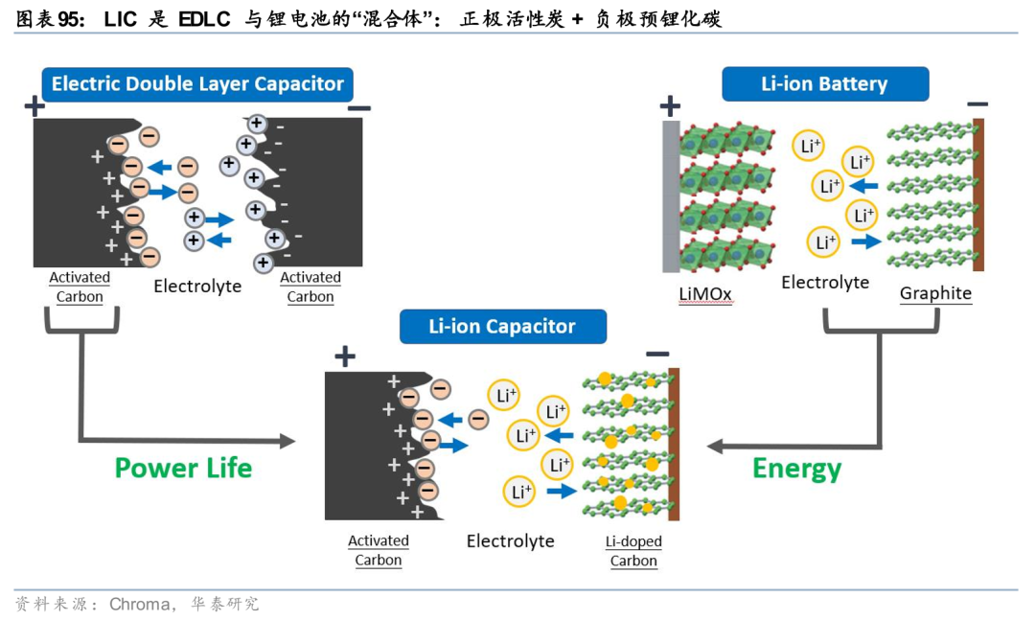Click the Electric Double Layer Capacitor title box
[x=197, y=84]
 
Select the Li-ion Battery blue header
[x=825, y=84]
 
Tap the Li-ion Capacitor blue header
[x=502, y=326]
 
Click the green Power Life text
[x=183, y=469]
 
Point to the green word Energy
[x=796, y=469]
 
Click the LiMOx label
[x=705, y=294]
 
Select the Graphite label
[x=935, y=293]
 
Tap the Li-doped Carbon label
[x=633, y=551]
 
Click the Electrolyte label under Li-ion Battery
[x=825, y=283]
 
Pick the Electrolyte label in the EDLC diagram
[x=197, y=287]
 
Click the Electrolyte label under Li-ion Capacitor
[x=510, y=541]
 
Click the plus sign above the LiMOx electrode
[x=670, y=105]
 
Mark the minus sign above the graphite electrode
[x=977, y=103]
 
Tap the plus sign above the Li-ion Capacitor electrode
[x=345, y=356]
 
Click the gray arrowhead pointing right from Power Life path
[x=287, y=441]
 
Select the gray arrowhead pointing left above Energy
[x=715, y=447]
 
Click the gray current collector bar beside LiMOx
[x=671, y=196]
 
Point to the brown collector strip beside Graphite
[x=978, y=195]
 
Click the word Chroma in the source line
[x=139, y=604]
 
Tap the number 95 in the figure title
[x=69, y=19]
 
